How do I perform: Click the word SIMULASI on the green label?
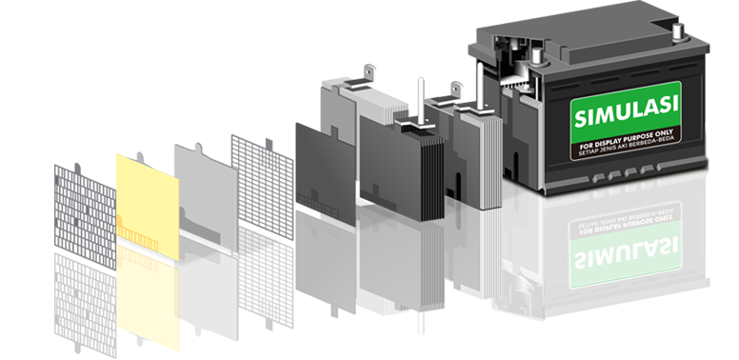(627, 111)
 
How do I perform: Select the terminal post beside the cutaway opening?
(537, 56)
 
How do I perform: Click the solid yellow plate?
(148, 206)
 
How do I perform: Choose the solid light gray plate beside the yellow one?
(206, 196)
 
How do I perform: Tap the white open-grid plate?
(263, 187)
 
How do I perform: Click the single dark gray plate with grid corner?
(325, 173)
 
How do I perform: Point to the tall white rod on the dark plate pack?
(421, 100)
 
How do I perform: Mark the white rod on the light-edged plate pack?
(479, 88)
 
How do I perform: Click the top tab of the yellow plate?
(140, 156)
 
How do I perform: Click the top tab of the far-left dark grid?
(77, 168)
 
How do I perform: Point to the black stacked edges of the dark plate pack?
(432, 177)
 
